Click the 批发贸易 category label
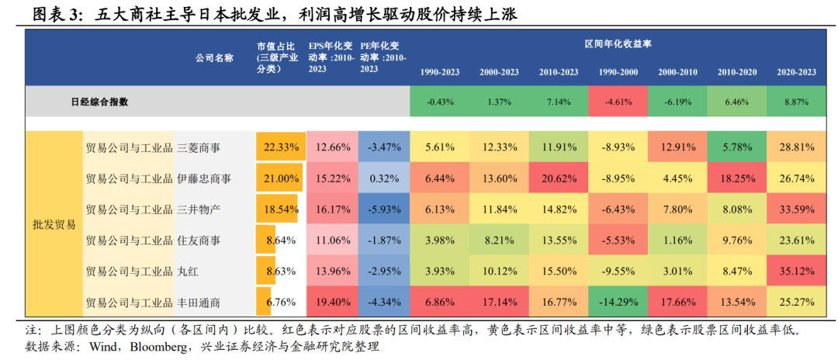[54, 225]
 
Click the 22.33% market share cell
[281, 147]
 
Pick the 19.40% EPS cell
[332, 303]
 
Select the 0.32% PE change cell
[384, 178]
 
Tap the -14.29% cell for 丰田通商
[618, 303]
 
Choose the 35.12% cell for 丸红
[796, 272]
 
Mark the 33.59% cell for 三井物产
[796, 209]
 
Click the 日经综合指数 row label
[100, 101]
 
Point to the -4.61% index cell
[618, 102]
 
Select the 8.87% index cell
[796, 102]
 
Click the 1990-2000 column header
[618, 73]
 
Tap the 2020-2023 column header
[796, 73]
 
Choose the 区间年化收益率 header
[618, 44]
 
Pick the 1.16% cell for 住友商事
[677, 241]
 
